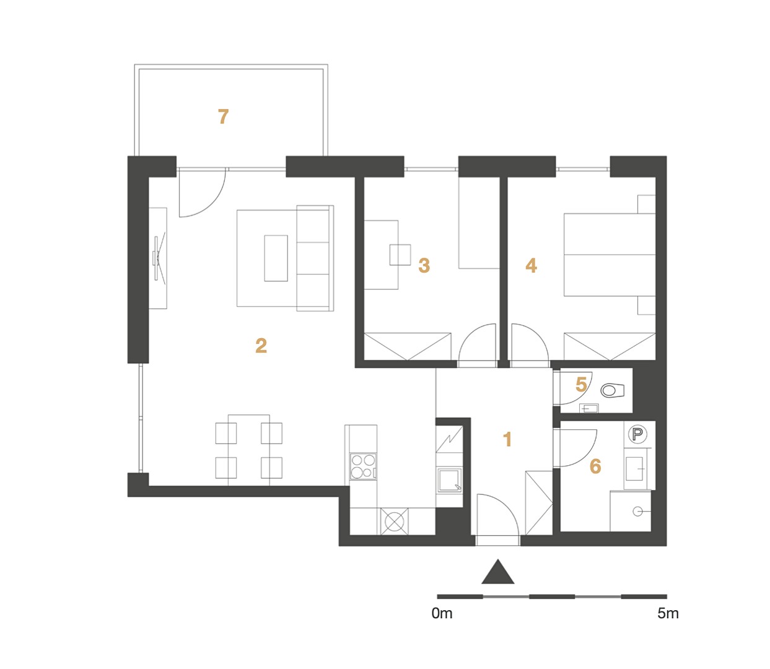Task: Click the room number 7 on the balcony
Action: click(x=223, y=116)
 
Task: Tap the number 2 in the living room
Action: click(x=261, y=346)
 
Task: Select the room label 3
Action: click(x=424, y=265)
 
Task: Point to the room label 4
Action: click(x=531, y=265)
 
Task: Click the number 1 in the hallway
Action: click(x=507, y=439)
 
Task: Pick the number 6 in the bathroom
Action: click(x=595, y=466)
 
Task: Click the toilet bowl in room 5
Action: click(x=612, y=390)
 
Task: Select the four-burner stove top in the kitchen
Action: click(x=363, y=466)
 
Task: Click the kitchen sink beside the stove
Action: click(x=449, y=479)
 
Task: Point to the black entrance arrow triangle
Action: click(x=498, y=572)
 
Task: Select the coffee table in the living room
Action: click(x=276, y=258)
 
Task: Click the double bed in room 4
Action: click(x=610, y=255)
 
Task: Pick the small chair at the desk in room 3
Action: click(x=400, y=255)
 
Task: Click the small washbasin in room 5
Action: click(x=588, y=408)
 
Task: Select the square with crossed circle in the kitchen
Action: click(x=394, y=522)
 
